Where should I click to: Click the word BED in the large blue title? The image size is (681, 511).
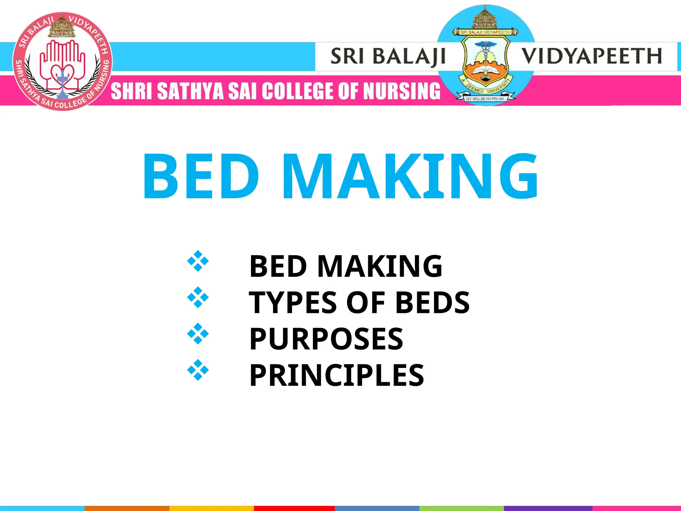[x=201, y=176]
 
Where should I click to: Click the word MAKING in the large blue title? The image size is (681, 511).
[x=410, y=176]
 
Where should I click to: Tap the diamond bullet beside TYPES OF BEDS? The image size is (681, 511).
[x=198, y=297]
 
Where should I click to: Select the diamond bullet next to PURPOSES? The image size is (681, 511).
[x=198, y=333]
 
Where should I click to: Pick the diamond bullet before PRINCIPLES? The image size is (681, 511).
[x=198, y=370]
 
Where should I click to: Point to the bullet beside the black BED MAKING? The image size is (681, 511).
[x=198, y=261]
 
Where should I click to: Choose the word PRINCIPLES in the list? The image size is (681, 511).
[x=337, y=375]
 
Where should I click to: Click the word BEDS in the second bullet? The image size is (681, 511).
[x=432, y=302]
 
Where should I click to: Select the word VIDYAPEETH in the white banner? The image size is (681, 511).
[x=591, y=56]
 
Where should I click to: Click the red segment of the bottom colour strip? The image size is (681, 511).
[x=294, y=508]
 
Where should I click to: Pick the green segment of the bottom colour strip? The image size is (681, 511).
[x=462, y=508]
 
